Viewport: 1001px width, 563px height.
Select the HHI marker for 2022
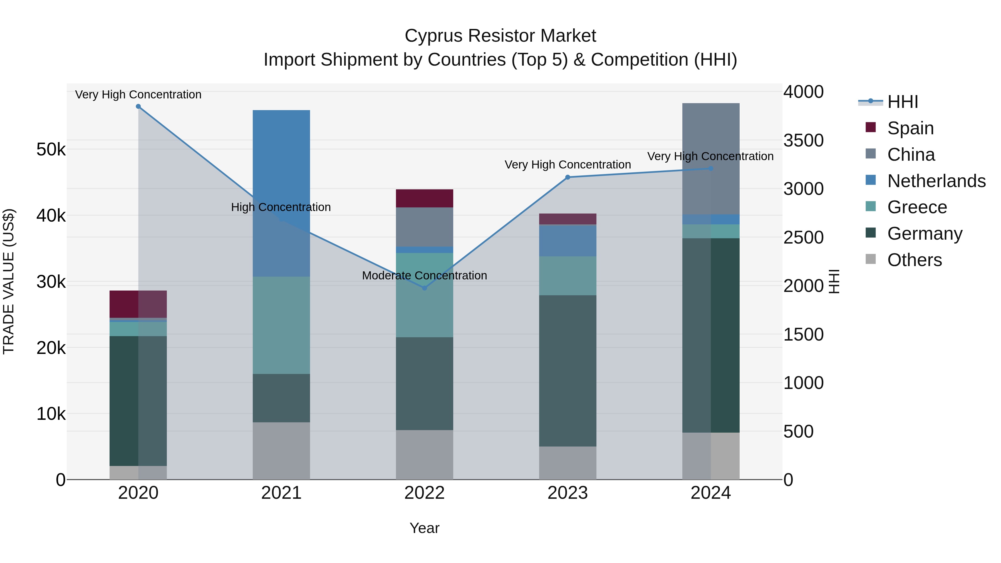click(x=424, y=288)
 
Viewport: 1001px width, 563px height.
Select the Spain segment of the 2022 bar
click(x=424, y=198)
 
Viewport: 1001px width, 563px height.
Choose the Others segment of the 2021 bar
click(x=281, y=451)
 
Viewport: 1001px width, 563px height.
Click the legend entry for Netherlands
click(x=936, y=181)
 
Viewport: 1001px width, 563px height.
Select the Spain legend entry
click(x=910, y=128)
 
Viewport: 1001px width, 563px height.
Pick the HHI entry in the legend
click(x=902, y=102)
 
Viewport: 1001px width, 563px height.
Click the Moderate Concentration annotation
click(x=424, y=276)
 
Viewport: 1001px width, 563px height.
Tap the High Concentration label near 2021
click(x=281, y=207)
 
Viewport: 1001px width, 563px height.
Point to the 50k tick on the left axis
click(x=51, y=150)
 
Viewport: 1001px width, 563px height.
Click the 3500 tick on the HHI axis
click(x=803, y=141)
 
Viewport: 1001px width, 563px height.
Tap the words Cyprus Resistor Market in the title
click(x=500, y=36)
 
